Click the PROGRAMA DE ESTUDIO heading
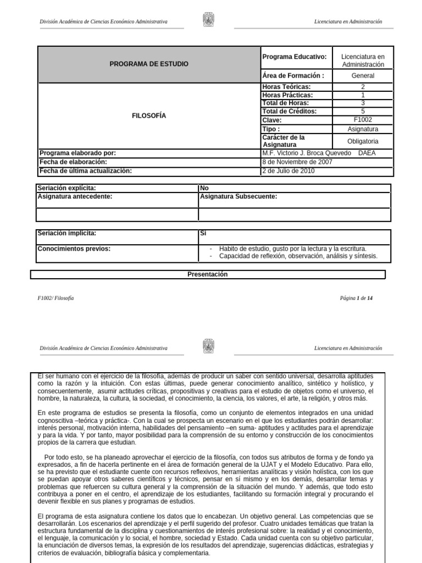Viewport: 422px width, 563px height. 149,64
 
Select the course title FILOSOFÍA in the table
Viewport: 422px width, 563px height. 149,116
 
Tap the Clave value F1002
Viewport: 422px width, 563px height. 363,119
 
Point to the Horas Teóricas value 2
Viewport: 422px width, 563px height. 363,87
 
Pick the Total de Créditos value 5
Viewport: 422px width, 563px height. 363,111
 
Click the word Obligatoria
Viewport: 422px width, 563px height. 363,141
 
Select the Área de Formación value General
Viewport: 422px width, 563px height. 363,76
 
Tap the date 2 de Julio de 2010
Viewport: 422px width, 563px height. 289,170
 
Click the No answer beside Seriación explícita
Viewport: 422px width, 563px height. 204,188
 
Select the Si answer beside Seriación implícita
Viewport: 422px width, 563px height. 203,234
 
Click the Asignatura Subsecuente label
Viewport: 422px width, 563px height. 238,196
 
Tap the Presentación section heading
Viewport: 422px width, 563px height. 208,274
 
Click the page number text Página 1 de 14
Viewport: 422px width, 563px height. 357,298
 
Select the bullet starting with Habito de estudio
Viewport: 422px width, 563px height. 292,249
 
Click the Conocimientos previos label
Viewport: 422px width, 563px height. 74,249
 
